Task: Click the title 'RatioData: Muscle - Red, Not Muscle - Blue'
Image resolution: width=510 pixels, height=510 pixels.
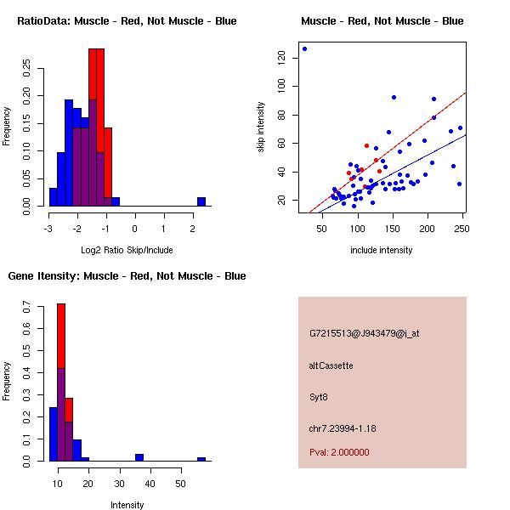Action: tap(127, 20)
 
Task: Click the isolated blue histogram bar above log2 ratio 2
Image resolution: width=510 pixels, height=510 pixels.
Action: tap(201, 201)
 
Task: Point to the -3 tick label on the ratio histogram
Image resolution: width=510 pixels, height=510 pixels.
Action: tap(48, 228)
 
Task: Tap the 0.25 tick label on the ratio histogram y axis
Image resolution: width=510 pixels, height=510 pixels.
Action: tap(27, 68)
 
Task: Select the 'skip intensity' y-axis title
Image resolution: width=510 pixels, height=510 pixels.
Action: tap(261, 127)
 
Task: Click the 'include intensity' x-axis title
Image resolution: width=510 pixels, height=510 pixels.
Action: tap(382, 250)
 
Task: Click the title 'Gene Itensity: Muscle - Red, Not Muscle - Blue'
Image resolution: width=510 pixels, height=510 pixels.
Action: tap(127, 275)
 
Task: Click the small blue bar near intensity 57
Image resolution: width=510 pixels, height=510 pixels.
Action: tap(201, 459)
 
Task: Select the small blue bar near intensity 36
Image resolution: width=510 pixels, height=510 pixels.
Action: tap(139, 457)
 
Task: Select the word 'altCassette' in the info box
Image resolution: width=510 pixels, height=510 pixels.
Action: tap(331, 365)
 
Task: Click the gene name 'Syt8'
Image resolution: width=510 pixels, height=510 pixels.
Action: tap(319, 396)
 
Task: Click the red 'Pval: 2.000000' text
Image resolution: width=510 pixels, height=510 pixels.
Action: tap(339, 452)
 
